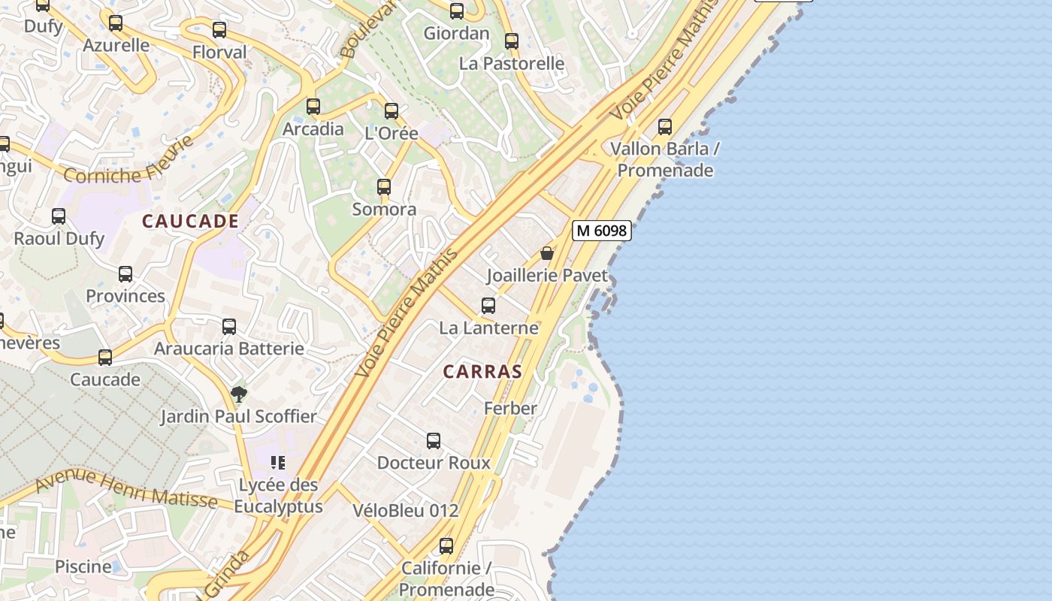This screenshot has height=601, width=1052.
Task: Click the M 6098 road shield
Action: click(601, 231)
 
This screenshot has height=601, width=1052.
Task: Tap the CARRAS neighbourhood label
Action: click(482, 372)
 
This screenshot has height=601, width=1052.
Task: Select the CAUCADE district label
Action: click(190, 222)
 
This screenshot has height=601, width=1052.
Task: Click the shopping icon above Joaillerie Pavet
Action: click(547, 254)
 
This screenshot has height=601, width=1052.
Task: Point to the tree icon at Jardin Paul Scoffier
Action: click(238, 394)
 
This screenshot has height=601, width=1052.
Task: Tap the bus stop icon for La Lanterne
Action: click(488, 306)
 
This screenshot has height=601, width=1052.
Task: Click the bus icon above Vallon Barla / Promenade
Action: click(665, 127)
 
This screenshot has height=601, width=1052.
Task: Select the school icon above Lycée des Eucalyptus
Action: click(278, 463)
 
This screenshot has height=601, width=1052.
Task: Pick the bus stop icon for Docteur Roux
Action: click(434, 441)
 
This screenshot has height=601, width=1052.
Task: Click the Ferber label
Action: click(510, 409)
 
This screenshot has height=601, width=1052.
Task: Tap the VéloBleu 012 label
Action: click(406, 511)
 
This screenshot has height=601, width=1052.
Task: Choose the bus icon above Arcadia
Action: click(313, 107)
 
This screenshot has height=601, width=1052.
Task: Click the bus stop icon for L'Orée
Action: click(391, 111)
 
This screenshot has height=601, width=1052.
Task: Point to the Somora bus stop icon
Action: click(384, 187)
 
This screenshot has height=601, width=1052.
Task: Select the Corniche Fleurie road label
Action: click(128, 161)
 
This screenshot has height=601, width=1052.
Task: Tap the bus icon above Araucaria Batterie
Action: click(229, 327)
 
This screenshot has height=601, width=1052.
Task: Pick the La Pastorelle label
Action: click(512, 64)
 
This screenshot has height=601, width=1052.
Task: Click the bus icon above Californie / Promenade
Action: click(446, 546)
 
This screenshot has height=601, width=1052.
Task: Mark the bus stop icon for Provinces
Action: click(125, 274)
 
